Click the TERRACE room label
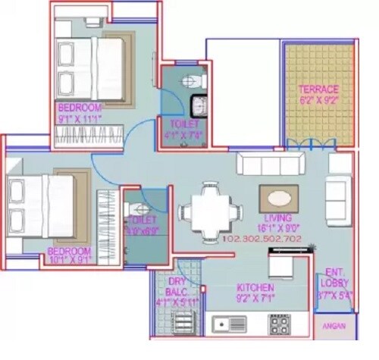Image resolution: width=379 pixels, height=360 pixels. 318,89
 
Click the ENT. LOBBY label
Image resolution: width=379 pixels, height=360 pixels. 335,277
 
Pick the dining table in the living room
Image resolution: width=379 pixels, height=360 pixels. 207,211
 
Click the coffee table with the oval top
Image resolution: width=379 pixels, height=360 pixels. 278,199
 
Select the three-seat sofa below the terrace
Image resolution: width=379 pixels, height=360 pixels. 270,164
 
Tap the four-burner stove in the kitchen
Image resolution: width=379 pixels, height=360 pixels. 279,324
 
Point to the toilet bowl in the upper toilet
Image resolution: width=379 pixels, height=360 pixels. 193,80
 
